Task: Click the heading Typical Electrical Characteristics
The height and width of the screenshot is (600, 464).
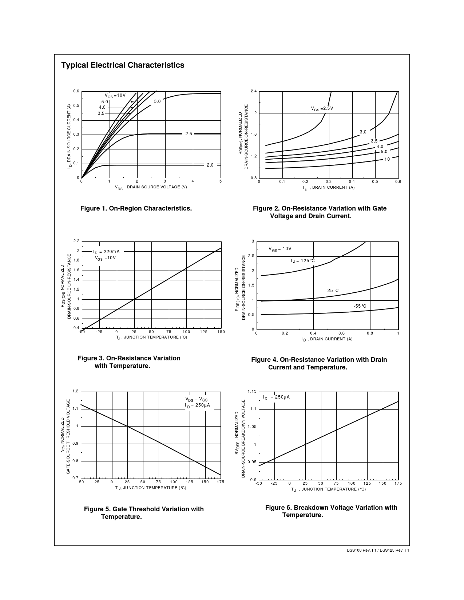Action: pos(123,65)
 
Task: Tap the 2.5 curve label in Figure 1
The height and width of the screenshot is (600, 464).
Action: pos(189,134)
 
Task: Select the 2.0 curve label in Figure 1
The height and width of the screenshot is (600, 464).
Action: pos(210,165)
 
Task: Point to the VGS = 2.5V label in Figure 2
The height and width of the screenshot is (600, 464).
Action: pos(322,108)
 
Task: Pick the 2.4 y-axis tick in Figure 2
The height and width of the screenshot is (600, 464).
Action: pos(254,91)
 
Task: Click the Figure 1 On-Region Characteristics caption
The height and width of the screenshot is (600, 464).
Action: pos(136,208)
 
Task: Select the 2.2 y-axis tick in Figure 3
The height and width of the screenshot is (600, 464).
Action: pos(76,241)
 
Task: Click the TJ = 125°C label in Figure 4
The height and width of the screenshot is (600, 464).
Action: pos(302,261)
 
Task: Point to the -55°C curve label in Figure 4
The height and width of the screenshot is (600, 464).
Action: pos(360,306)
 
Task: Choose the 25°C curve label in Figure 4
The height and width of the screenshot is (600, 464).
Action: pos(333,290)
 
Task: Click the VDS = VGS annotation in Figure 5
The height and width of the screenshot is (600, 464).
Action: pos(197,399)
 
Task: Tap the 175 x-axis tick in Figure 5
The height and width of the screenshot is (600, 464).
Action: pos(220,482)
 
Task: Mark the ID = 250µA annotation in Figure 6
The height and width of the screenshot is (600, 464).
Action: pos(276,397)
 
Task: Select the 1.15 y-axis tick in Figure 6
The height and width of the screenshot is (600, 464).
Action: pos(252,391)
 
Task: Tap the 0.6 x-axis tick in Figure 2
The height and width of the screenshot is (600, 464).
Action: pos(398,181)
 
